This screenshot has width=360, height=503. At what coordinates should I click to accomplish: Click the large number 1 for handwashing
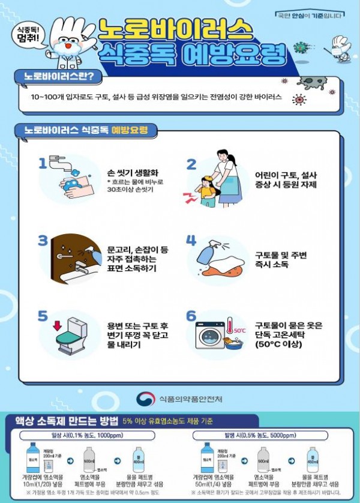click(42, 163)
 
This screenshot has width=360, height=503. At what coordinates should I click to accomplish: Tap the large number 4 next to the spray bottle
click(191, 241)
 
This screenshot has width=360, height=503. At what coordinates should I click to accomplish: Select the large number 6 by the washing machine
click(191, 316)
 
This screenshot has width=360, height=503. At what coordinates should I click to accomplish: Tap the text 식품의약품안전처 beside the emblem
click(191, 397)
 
